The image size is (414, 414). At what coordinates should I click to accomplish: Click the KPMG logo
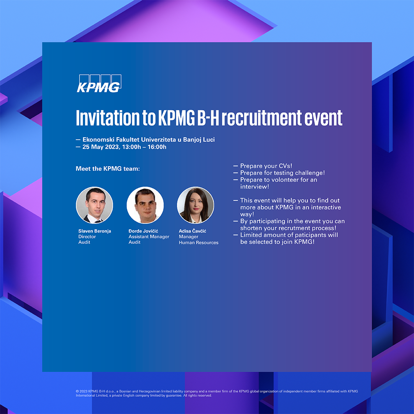tap(99, 84)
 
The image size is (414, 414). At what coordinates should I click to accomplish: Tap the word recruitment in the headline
tap(261, 118)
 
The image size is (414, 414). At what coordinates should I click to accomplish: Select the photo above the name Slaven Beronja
tap(95, 205)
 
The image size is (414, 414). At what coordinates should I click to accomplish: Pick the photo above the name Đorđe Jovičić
tap(145, 205)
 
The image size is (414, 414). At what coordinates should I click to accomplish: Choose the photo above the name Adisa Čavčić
tap(195, 205)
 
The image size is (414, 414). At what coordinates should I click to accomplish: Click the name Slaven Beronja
tap(95, 231)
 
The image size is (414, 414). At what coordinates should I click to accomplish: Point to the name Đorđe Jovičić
tap(143, 231)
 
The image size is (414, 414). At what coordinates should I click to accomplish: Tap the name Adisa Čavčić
tap(192, 231)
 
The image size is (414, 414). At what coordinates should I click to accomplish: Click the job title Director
tap(87, 237)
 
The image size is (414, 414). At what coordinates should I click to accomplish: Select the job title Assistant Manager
tap(149, 237)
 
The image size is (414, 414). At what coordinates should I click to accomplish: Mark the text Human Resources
tap(199, 242)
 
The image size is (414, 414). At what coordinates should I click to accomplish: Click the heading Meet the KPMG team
tap(108, 169)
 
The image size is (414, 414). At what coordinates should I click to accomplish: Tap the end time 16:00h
tap(157, 147)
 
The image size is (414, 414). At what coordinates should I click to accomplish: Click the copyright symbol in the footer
tap(77, 391)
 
